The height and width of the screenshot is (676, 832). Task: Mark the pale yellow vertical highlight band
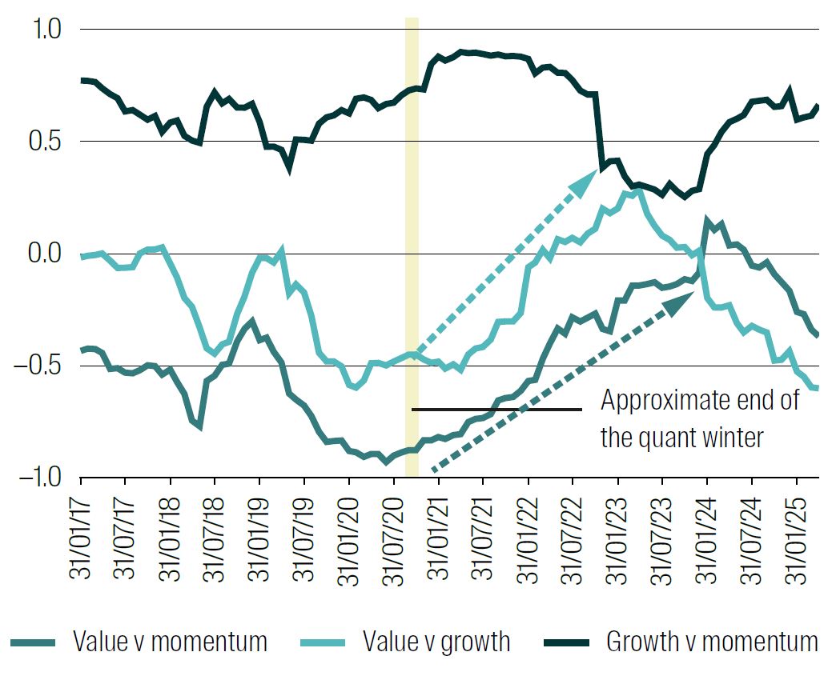tap(412, 240)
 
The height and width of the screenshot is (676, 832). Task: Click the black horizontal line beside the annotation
tap(496, 410)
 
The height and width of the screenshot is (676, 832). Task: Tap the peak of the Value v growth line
tap(638, 190)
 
